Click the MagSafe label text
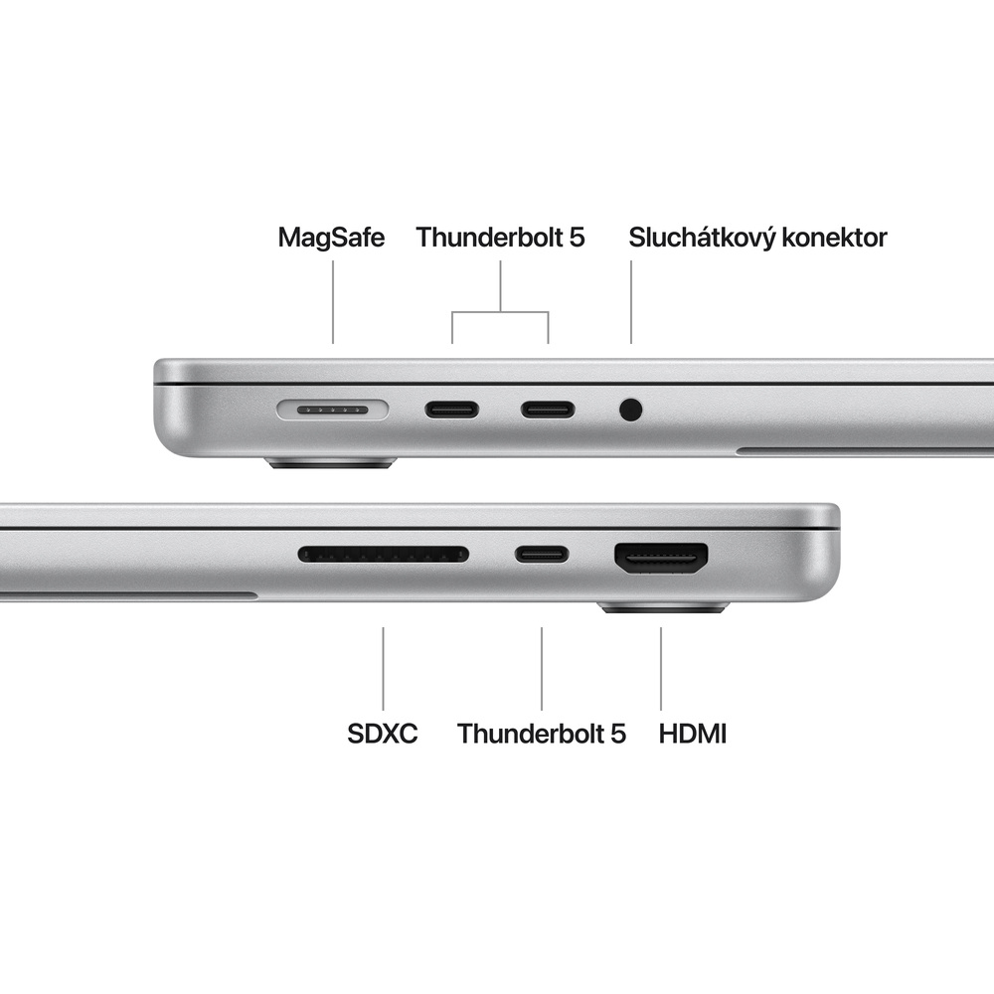(x=331, y=238)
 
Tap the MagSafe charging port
(x=333, y=409)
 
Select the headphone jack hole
(x=630, y=409)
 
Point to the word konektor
(x=836, y=238)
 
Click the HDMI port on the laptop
(x=661, y=558)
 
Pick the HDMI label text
(x=693, y=735)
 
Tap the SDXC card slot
(x=384, y=554)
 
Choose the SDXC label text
(x=383, y=735)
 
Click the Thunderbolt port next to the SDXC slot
(x=542, y=554)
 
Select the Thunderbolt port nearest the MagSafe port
(x=452, y=409)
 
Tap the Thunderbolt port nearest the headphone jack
(x=548, y=409)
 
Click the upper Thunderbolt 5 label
(x=500, y=238)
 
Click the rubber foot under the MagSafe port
(x=331, y=463)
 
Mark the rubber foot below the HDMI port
(x=664, y=607)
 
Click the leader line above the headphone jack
(x=631, y=302)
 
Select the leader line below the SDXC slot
(x=384, y=667)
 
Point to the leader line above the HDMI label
(x=661, y=667)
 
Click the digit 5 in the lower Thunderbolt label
(x=617, y=735)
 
